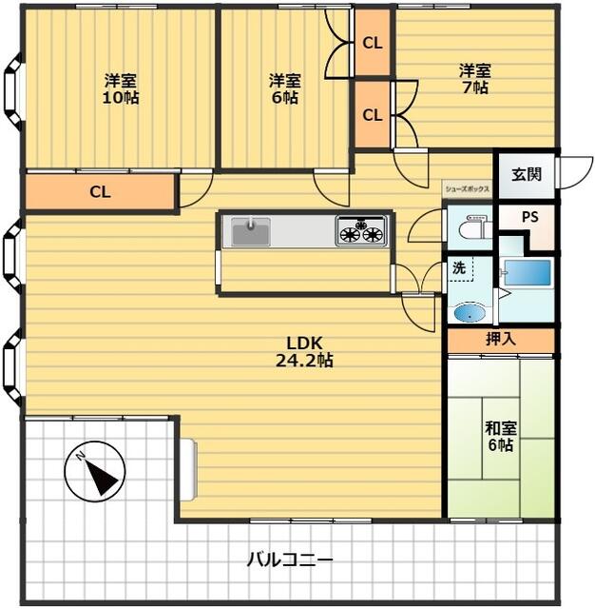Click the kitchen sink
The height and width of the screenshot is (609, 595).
(251, 231)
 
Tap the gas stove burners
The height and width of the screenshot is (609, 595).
(361, 231)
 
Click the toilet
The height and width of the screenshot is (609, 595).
(472, 228)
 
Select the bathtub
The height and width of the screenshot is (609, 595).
(528, 273)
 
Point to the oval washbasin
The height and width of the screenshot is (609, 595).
(470, 313)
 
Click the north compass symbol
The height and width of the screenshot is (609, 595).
(95, 472)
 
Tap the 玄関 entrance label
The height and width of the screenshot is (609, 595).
(527, 174)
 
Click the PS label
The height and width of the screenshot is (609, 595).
(529, 217)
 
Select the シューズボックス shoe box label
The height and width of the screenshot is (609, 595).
(467, 189)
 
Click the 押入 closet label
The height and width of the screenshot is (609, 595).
(501, 340)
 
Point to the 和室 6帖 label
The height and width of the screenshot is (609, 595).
(501, 436)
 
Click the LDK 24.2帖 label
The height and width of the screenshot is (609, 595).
(304, 352)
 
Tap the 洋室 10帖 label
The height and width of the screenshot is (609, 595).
(121, 88)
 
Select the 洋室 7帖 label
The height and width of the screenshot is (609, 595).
(475, 79)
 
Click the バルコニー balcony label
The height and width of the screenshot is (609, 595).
(290, 560)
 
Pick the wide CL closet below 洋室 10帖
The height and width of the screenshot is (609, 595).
(99, 192)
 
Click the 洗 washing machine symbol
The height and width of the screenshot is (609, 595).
(461, 268)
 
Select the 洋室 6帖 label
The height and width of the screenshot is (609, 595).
(285, 88)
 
